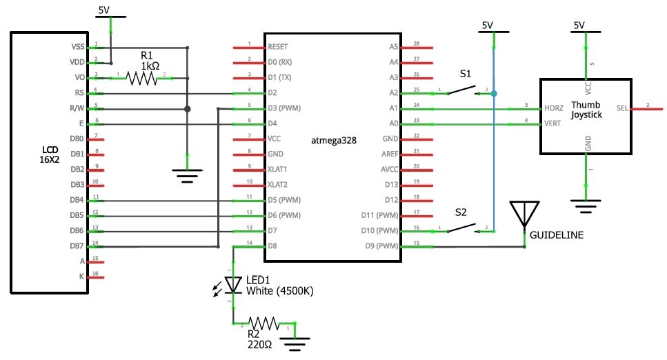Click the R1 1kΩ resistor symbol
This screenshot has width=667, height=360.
[x=142, y=79]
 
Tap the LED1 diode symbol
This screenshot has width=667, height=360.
[x=233, y=286]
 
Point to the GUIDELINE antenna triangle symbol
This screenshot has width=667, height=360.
[x=524, y=212]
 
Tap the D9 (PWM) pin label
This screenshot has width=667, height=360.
[x=384, y=246]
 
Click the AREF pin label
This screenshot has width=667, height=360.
[x=390, y=154]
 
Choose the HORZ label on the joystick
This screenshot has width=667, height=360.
[x=553, y=109]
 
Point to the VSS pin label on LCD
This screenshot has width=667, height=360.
[x=77, y=48]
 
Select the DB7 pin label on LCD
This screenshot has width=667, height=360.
[x=77, y=246]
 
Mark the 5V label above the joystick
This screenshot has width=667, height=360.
[x=578, y=26]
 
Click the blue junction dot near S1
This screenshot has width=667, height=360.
[x=494, y=94]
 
